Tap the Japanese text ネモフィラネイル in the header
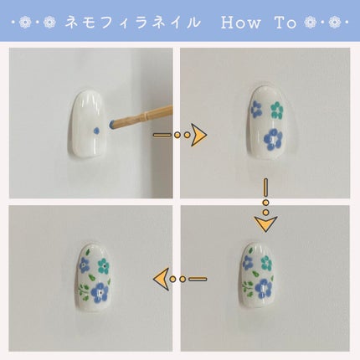132,23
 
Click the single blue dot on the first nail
99,127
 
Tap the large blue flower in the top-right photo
272,139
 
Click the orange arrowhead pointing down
265,224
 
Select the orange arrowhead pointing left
159,278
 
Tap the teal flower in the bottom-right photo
267,262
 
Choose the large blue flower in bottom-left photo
100,292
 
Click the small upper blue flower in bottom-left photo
85,265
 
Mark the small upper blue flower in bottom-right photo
249,262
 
